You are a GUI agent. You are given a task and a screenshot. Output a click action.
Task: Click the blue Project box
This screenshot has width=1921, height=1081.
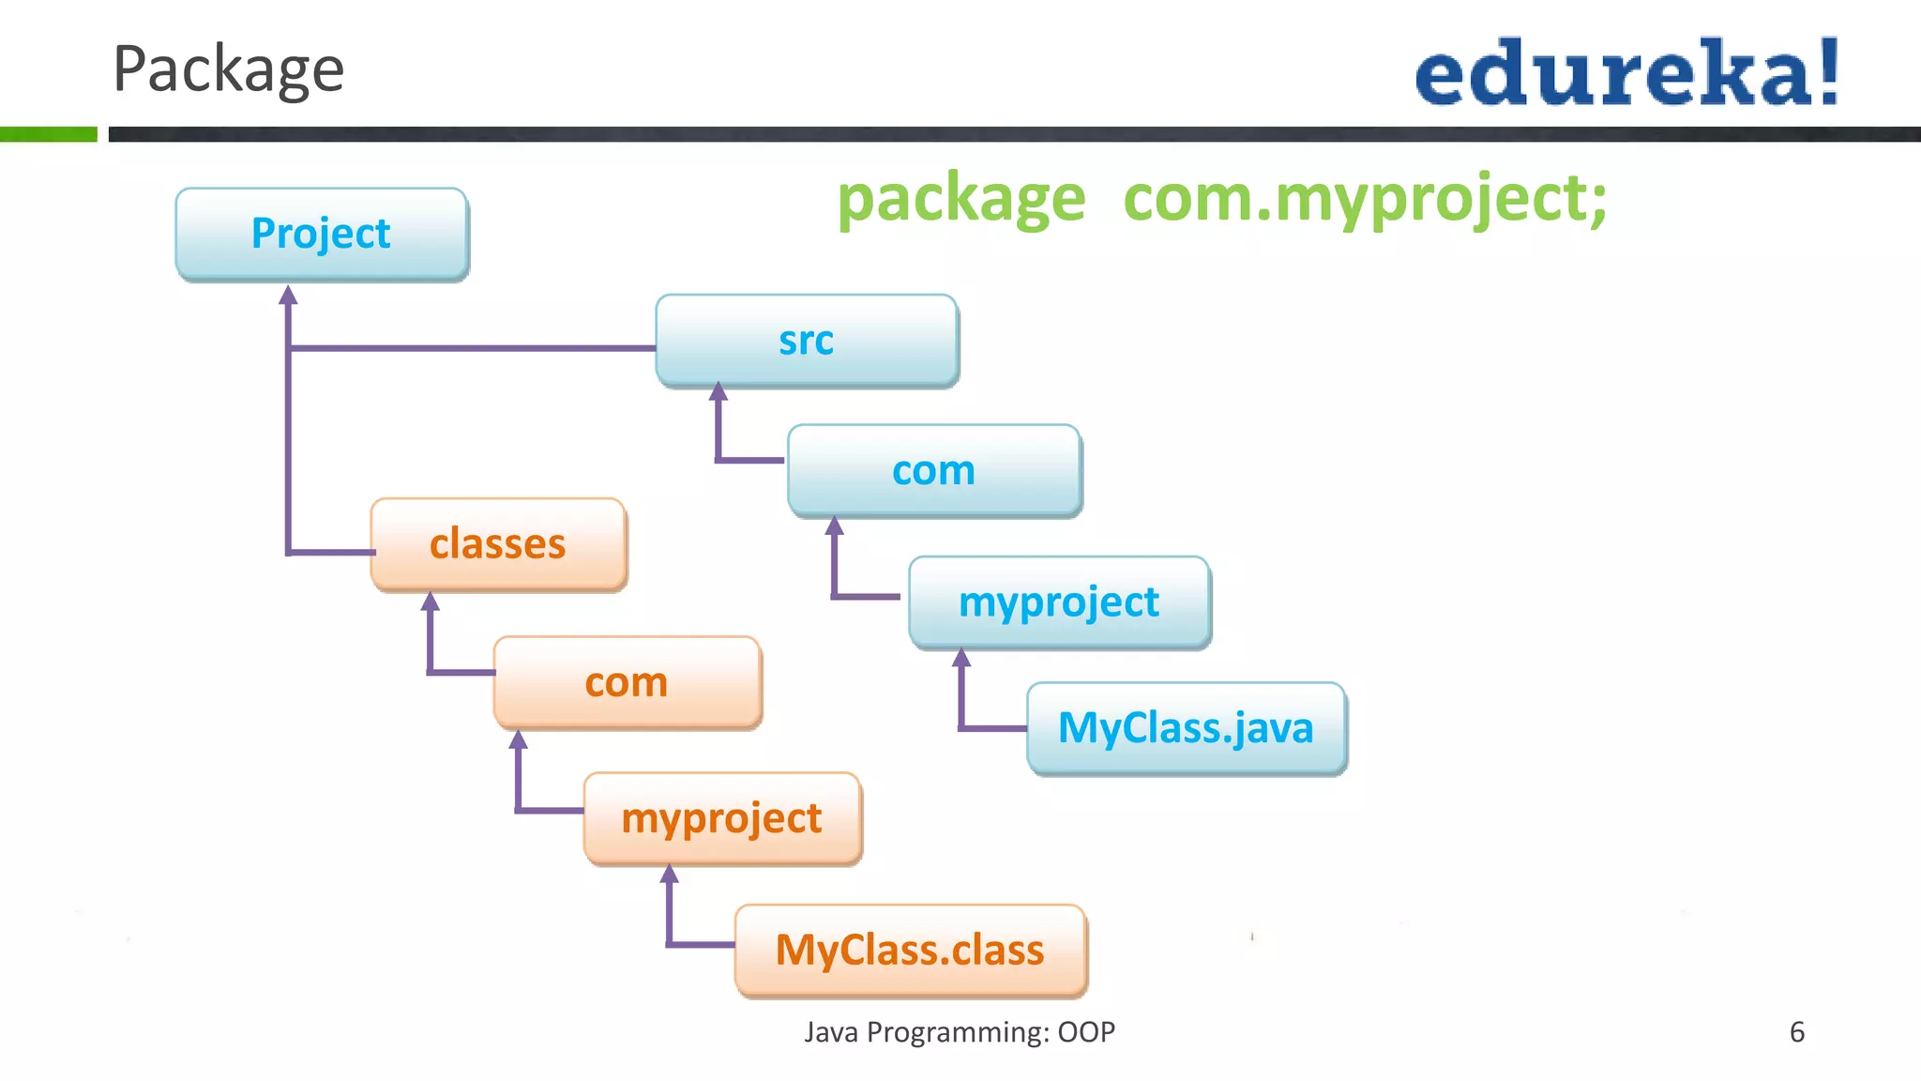(x=321, y=234)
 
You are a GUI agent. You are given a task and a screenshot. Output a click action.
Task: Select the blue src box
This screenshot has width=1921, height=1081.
(x=807, y=341)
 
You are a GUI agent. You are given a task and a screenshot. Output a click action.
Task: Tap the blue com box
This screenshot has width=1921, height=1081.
(x=934, y=470)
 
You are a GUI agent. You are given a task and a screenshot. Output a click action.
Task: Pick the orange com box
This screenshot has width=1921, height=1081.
(x=627, y=682)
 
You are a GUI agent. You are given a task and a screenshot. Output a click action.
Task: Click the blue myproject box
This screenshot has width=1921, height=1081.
(x=1059, y=601)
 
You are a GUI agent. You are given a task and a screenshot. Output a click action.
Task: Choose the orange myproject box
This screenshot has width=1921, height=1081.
(x=722, y=818)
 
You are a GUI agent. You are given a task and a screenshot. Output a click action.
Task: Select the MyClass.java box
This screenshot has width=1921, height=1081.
(x=1187, y=728)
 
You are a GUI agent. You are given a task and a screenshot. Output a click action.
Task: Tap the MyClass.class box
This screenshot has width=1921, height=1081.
(x=910, y=950)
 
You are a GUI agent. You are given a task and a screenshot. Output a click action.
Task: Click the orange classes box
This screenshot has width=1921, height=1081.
(x=498, y=544)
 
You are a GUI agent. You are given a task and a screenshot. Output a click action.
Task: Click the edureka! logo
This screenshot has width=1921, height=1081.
(x=1626, y=73)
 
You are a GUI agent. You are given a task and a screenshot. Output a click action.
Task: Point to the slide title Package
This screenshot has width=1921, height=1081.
(x=229, y=69)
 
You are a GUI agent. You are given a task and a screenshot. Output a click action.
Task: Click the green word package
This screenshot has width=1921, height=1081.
(x=960, y=200)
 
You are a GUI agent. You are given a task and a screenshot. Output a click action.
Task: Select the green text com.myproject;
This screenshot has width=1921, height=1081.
(x=1365, y=200)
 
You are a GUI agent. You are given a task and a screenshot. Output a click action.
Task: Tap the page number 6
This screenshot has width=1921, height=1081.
(x=1797, y=1032)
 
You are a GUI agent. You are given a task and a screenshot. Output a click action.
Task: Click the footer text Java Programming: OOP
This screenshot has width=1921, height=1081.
(x=960, y=1032)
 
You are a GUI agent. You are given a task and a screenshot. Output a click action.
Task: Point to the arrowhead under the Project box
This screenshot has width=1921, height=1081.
(x=289, y=295)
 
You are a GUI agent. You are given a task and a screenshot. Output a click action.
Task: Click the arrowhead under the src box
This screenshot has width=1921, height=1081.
(x=718, y=391)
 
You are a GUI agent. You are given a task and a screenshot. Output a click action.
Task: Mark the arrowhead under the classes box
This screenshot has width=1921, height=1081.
(x=431, y=601)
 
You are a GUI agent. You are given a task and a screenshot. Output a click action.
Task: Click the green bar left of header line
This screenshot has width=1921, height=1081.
(x=48, y=134)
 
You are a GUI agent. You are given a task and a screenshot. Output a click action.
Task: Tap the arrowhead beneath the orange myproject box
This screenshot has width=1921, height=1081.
(x=669, y=875)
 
